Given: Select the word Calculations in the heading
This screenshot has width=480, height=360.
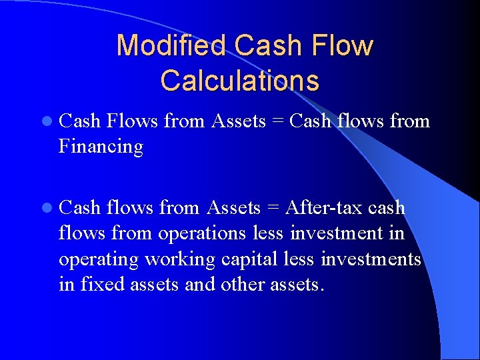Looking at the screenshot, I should coord(239,81).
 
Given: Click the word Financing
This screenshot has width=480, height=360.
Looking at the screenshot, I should coord(101,146).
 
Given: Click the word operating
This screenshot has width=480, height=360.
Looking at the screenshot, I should coord(98,259).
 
